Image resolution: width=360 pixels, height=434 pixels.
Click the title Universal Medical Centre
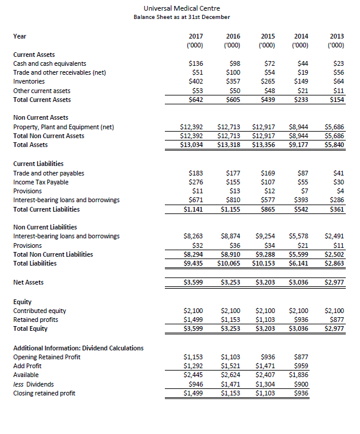coord(181,8)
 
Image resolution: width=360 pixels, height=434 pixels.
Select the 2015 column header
coord(267,36)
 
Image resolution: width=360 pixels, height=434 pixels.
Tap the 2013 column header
coord(336,36)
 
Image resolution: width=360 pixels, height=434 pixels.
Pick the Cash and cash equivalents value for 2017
coord(195,63)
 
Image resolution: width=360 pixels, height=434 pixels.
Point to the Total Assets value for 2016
coord(229,145)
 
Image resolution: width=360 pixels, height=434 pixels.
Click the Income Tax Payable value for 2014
coord(302,182)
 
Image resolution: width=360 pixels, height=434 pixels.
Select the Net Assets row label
coord(28,282)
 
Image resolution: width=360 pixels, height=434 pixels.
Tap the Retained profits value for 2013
coord(336,320)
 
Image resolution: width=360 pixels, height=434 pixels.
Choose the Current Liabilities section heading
coord(38,164)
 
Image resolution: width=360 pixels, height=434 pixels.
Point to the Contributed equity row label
coord(40,311)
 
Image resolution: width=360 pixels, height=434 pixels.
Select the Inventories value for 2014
coord(301,81)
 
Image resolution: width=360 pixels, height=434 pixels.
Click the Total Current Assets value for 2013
coord(336,100)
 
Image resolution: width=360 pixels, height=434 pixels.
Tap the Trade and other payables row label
coord(49,173)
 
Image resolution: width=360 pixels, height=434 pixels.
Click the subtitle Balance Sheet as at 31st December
coord(181,17)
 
